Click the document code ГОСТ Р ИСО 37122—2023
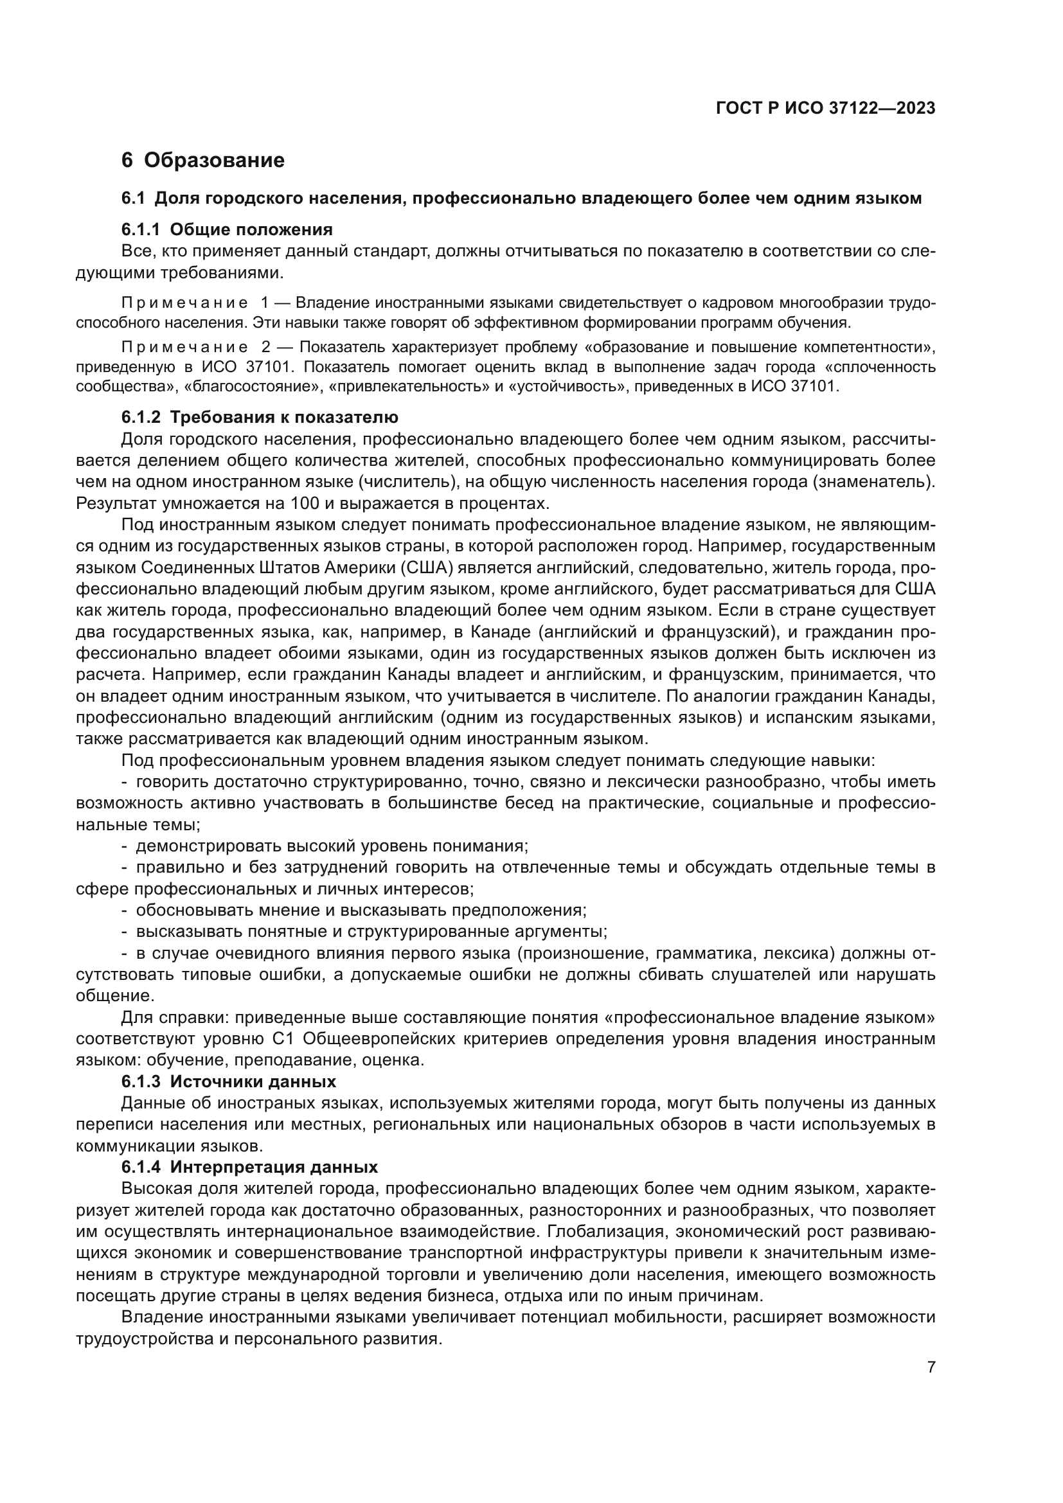coord(825,108)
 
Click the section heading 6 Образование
coord(203,161)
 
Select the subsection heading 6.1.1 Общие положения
coord(227,229)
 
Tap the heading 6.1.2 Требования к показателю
coord(260,417)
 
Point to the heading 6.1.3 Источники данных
coord(228,1081)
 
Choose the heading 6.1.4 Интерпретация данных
coord(249,1167)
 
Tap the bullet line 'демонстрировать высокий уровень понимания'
coord(332,846)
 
